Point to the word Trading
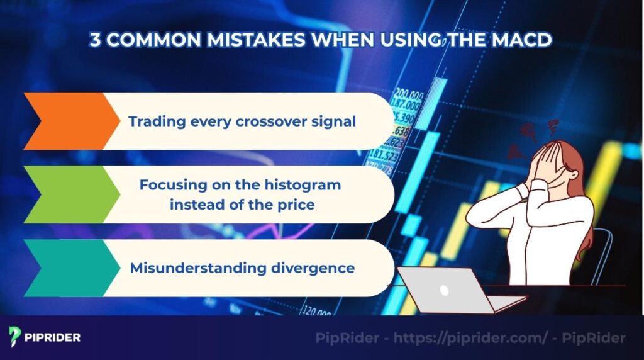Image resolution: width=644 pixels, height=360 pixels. (155, 121)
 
